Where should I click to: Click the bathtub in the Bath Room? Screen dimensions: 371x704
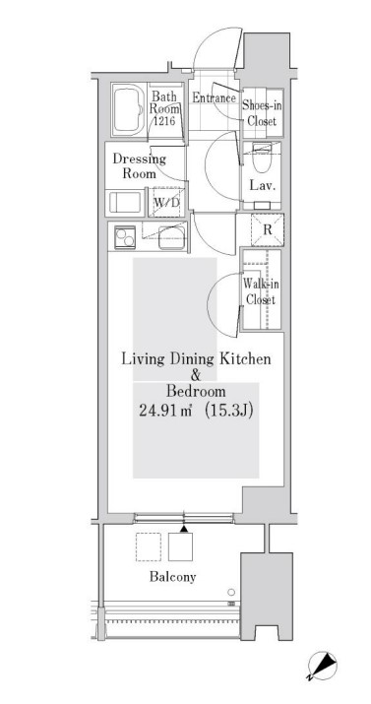click(x=128, y=109)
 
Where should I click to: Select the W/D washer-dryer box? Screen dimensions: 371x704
click(x=167, y=203)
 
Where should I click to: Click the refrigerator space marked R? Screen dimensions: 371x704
click(x=268, y=230)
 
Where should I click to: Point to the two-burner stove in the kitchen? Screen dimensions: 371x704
click(x=125, y=237)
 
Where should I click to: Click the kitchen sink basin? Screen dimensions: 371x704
click(x=171, y=237)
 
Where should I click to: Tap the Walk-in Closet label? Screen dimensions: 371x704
click(x=259, y=291)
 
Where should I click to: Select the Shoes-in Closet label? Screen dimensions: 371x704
click(x=262, y=113)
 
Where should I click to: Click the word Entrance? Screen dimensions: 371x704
click(x=215, y=97)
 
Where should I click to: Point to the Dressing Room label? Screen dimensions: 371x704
click(x=139, y=165)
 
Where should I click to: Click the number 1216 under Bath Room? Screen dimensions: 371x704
click(x=164, y=120)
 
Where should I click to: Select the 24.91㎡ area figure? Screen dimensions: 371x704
click(x=166, y=411)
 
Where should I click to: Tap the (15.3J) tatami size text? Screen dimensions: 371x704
click(x=228, y=411)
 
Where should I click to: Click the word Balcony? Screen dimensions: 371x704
click(x=173, y=577)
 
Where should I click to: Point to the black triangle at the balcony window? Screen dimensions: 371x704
click(x=183, y=530)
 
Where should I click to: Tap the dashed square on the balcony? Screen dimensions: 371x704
click(x=149, y=546)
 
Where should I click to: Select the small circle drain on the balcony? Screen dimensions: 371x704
click(x=231, y=592)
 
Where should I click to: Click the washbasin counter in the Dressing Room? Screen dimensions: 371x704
click(x=125, y=203)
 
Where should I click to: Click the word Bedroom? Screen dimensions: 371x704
click(x=196, y=392)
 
